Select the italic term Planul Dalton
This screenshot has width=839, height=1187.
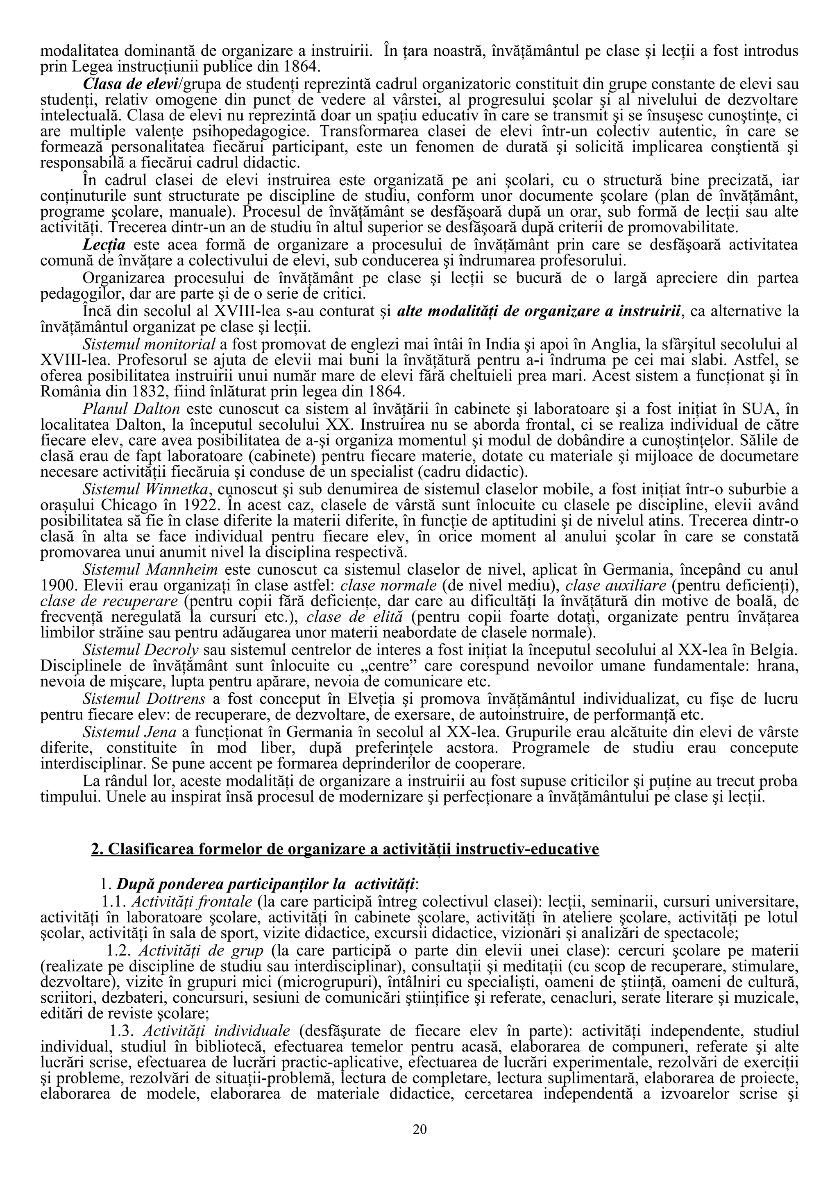(x=132, y=409)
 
